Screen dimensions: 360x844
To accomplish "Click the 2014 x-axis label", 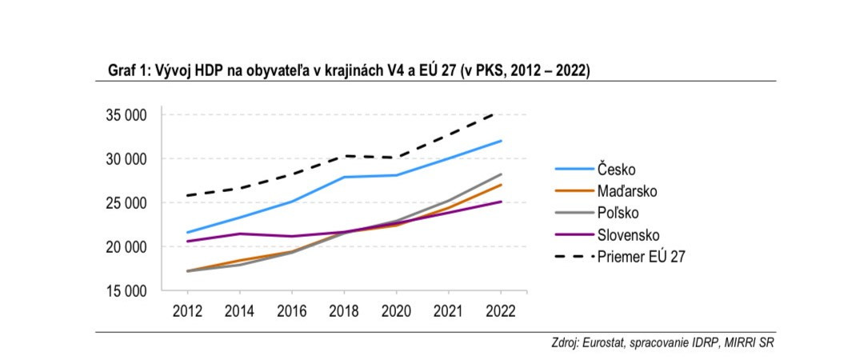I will [239, 310].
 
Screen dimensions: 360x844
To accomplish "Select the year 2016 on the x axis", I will [290, 310].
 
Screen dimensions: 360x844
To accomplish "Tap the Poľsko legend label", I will [618, 213].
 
